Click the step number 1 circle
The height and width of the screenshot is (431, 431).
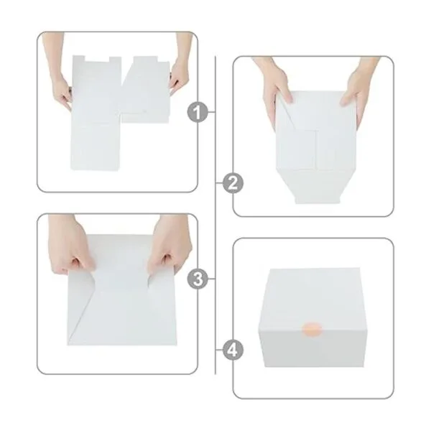(x=198, y=112)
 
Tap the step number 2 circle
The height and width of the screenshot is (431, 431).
(x=233, y=182)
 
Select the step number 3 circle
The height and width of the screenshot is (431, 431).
(x=198, y=279)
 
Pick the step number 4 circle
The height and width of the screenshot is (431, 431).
(x=233, y=350)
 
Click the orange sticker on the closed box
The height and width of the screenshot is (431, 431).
(x=312, y=330)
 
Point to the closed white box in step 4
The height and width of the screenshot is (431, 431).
(x=312, y=318)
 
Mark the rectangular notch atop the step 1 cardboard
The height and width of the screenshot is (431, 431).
(x=97, y=59)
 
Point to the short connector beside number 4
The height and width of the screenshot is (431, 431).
(x=219, y=350)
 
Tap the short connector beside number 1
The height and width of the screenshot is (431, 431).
(x=211, y=112)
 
